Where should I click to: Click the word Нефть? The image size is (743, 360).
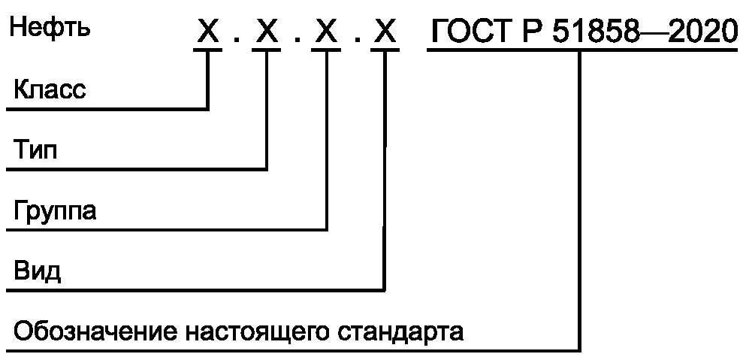tap(50, 29)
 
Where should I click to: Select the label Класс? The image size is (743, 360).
tap(50, 90)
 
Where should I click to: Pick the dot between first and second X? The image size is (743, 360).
tap(237, 42)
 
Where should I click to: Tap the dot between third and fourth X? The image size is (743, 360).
tap(356, 42)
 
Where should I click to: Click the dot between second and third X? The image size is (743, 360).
tap(297, 42)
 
